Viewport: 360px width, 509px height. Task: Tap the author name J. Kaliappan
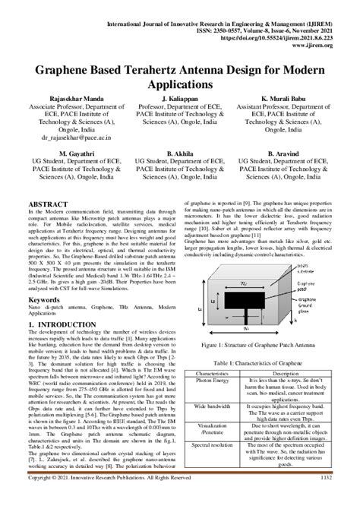tap(180, 99)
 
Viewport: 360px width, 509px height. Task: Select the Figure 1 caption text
tap(262, 344)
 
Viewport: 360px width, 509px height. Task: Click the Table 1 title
tap(262, 362)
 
